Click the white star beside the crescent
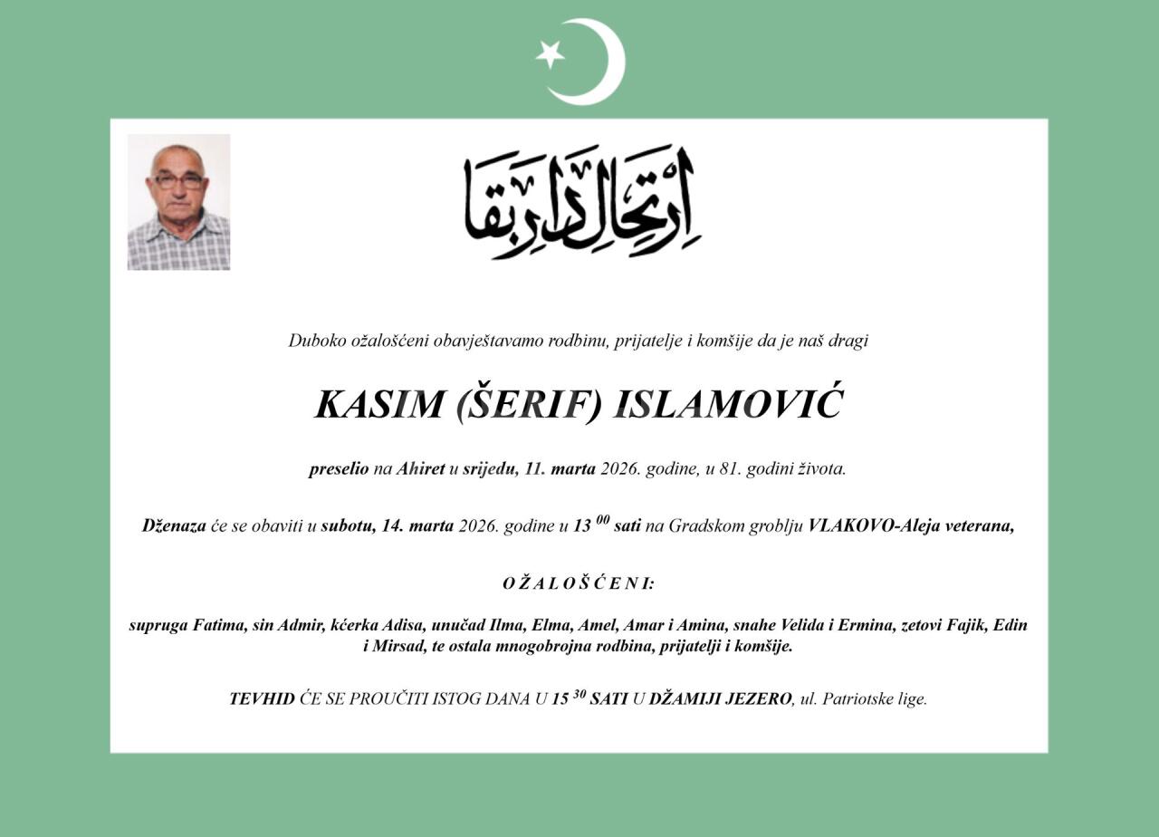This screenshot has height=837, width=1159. [x=550, y=54]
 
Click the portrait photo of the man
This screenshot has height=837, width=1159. [x=178, y=202]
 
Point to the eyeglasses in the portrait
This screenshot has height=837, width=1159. [x=178, y=180]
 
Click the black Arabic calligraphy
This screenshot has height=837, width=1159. [x=582, y=202]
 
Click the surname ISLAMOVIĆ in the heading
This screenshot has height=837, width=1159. [x=728, y=404]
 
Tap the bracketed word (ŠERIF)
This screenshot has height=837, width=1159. [x=528, y=404]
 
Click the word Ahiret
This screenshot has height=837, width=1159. [x=420, y=469]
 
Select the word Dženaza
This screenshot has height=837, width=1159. [x=174, y=526]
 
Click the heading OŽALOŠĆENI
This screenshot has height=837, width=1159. [x=579, y=583]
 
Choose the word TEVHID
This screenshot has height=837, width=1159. [x=262, y=699]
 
